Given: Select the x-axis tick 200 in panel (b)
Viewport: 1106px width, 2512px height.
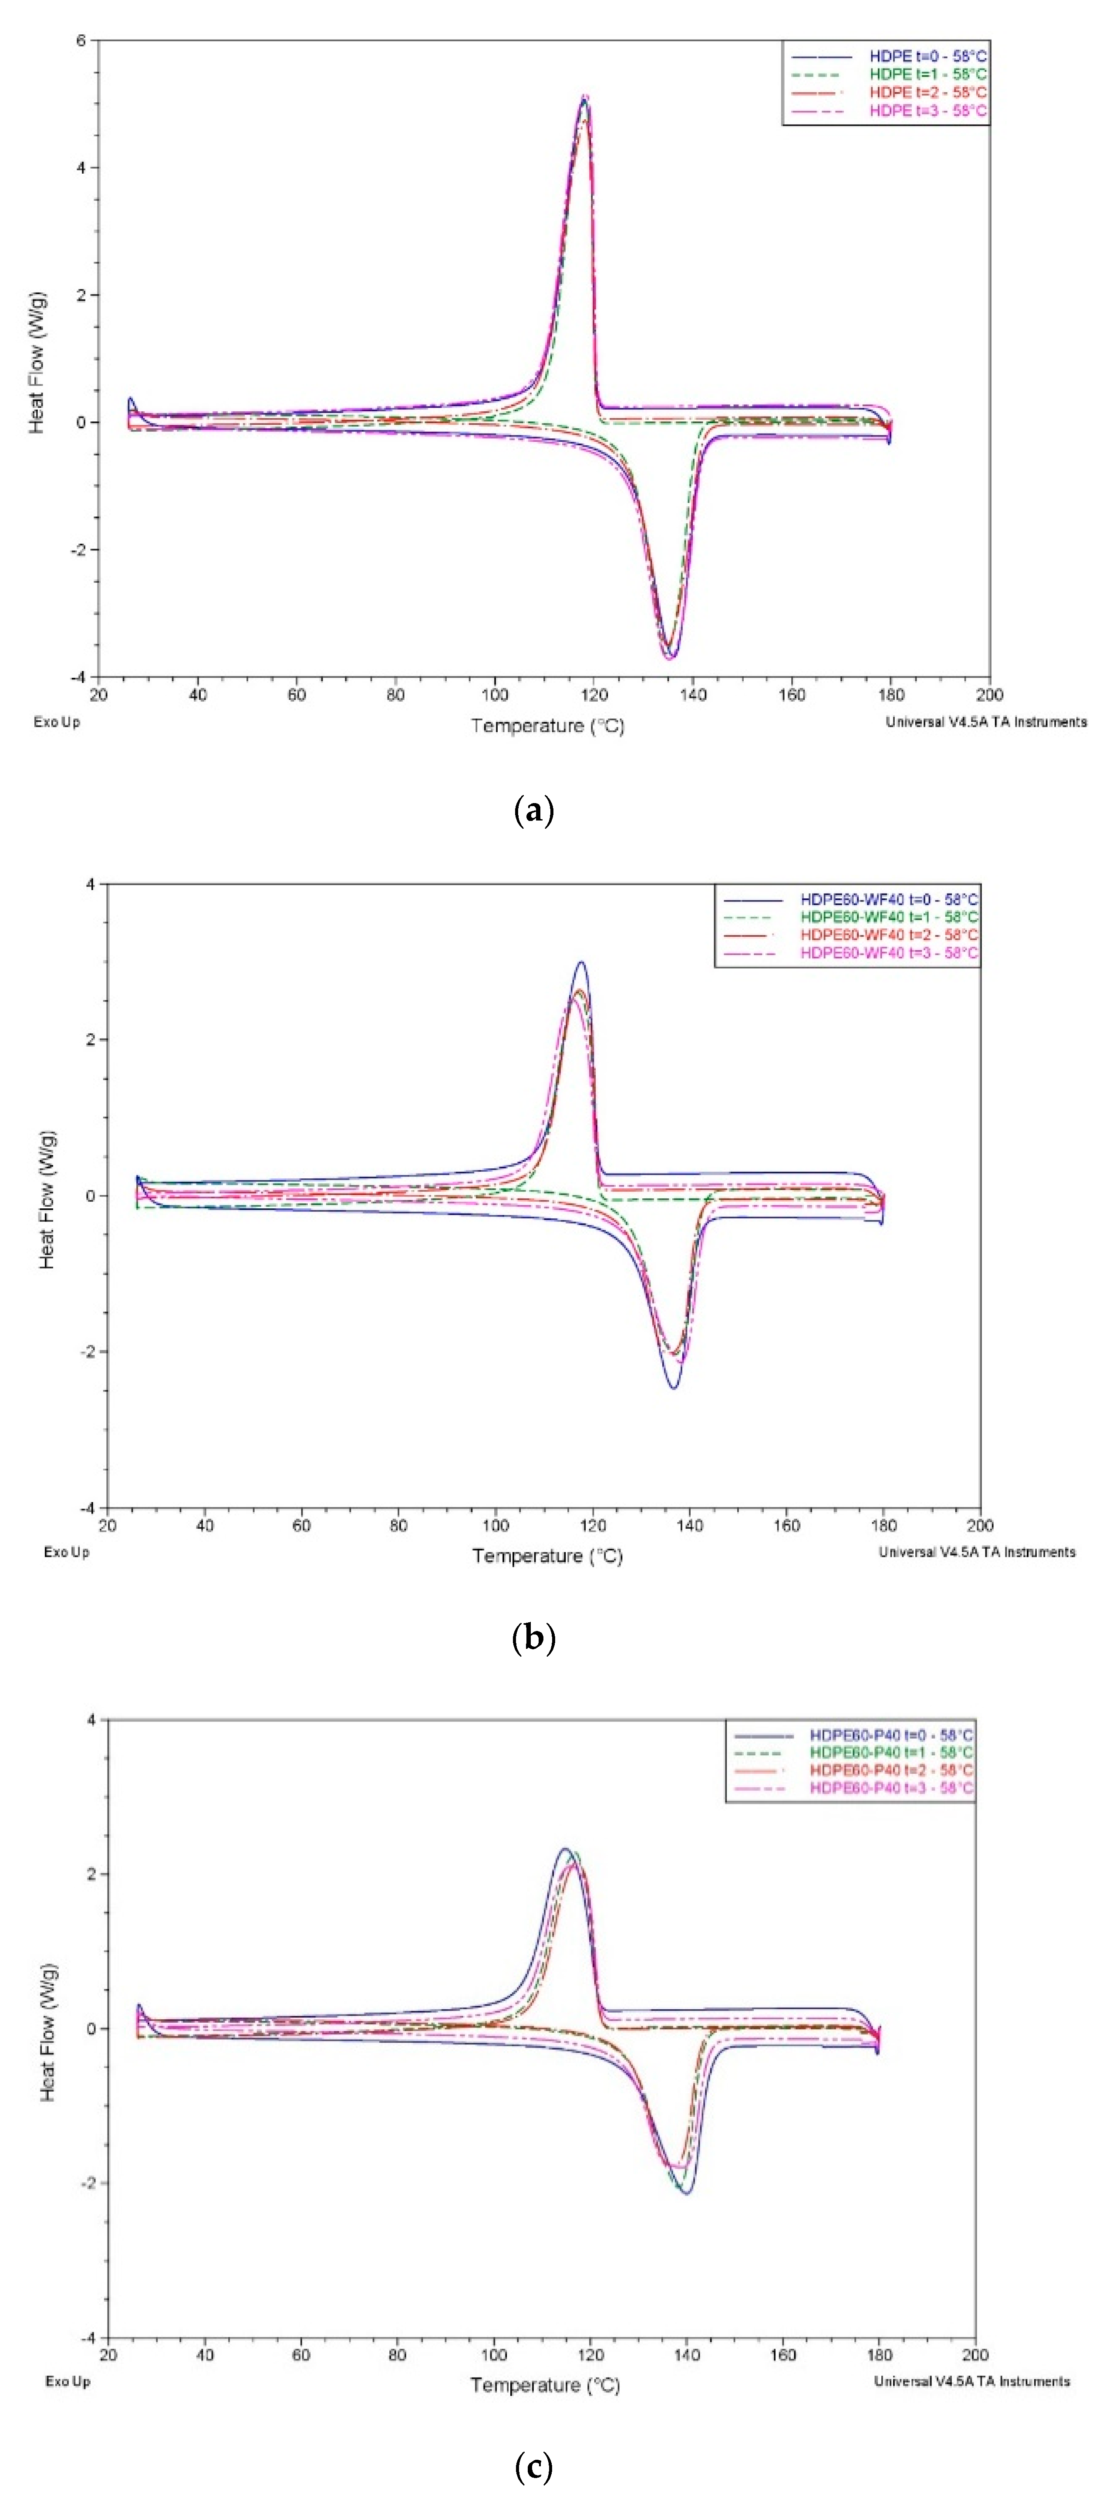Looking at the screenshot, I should [979, 1525].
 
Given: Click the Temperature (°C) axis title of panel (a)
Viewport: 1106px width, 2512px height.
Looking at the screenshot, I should [547, 726].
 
